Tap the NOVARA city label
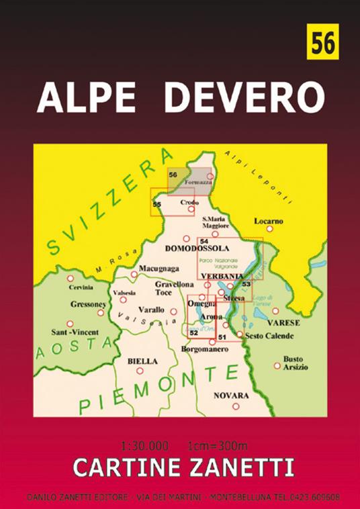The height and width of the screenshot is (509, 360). point(230,396)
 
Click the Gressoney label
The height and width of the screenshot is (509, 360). point(88,304)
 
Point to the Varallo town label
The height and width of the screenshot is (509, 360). point(150,310)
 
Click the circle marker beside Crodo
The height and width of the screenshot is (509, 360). point(191,210)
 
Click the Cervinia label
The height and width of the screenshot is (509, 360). point(81,288)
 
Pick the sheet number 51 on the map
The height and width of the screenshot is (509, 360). point(222,327)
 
